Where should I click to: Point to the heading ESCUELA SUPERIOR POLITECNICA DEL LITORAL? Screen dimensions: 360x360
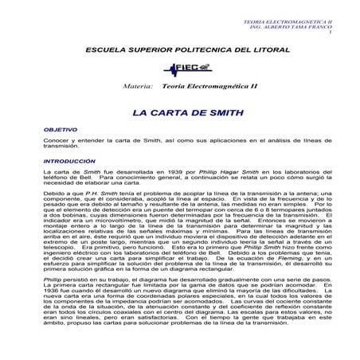tap(180, 49)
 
